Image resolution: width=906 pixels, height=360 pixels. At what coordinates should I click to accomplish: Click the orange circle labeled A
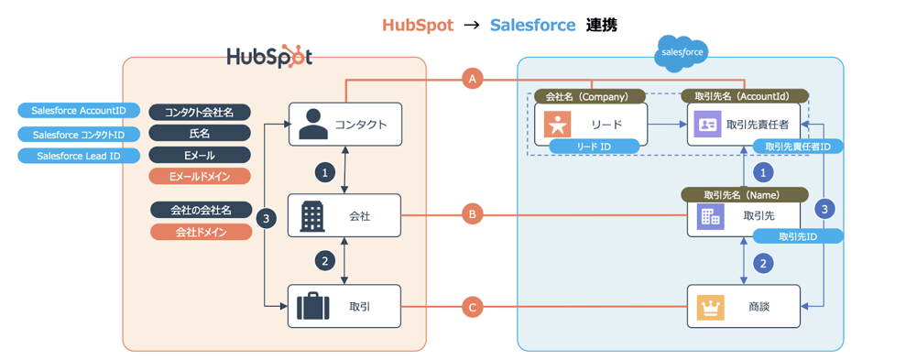(473, 80)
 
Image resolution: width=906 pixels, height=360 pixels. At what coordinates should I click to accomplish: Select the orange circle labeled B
(473, 216)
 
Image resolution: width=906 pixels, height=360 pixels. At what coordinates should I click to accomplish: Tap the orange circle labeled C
(473, 307)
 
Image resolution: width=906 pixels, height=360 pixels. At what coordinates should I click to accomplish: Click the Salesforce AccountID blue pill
(79, 111)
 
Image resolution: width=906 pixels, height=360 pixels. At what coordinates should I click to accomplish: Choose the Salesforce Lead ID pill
(79, 156)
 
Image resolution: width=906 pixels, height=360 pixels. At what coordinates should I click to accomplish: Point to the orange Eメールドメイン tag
(200, 177)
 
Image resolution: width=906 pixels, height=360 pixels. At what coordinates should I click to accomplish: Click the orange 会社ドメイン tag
(200, 232)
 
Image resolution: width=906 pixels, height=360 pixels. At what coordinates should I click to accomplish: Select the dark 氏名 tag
(200, 134)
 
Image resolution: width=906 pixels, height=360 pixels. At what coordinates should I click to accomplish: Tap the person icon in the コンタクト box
(314, 124)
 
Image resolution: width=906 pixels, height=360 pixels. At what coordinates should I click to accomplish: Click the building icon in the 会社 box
(313, 216)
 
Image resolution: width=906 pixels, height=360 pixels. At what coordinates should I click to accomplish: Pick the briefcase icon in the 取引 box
(313, 307)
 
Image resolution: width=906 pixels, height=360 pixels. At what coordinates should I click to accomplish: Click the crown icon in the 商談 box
(711, 307)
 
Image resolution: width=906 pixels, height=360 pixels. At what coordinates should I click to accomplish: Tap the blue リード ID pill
(593, 147)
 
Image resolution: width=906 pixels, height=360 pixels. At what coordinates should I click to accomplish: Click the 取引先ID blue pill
(797, 236)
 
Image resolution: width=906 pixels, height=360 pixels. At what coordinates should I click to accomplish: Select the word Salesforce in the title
(532, 25)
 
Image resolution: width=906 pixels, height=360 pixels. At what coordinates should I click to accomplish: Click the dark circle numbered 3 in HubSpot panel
(266, 219)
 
